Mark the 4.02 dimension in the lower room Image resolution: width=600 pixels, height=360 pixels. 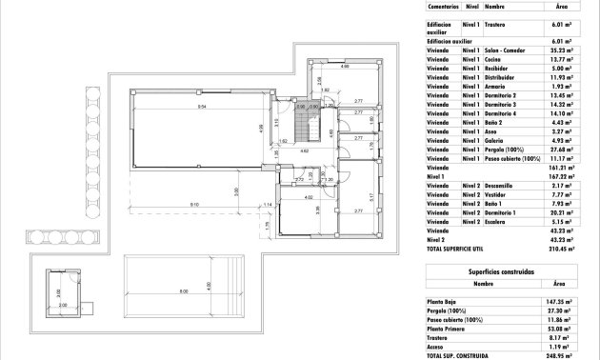[308, 197]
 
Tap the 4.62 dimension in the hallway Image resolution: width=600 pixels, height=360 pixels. [304, 150]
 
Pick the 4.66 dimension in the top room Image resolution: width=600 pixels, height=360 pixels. [345, 68]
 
